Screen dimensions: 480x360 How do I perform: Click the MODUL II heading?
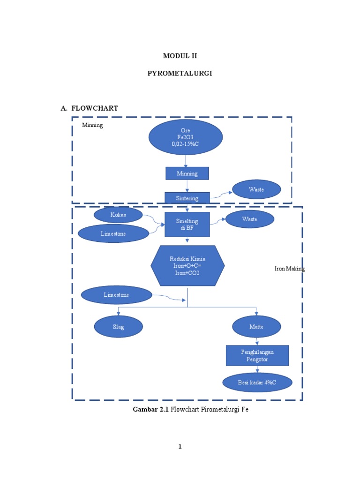click(180, 56)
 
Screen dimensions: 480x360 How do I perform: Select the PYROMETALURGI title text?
click(180, 74)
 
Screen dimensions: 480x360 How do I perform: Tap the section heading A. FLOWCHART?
click(89, 108)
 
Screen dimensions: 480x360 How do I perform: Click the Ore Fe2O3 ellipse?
click(186, 137)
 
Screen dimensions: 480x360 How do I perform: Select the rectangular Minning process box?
click(187, 173)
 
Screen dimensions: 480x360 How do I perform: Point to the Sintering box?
click(187, 198)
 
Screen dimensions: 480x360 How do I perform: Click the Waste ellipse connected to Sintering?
click(256, 189)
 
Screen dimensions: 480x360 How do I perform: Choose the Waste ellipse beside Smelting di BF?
click(249, 219)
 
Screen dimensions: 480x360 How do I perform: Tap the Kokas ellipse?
click(118, 215)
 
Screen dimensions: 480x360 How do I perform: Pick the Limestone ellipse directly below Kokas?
click(113, 233)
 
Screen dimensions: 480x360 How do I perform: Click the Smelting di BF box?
click(187, 225)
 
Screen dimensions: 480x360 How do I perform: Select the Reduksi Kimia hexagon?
click(187, 266)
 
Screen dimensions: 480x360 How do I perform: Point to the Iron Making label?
click(289, 269)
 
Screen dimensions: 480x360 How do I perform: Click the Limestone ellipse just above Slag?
click(117, 295)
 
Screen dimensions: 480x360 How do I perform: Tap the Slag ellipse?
click(118, 327)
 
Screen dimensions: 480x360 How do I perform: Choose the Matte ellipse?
click(256, 327)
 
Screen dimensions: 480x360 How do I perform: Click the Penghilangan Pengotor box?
click(257, 356)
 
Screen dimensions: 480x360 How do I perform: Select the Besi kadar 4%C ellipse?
click(257, 382)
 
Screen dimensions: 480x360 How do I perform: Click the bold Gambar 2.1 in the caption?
click(151, 409)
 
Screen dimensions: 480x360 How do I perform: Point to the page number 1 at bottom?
click(180, 446)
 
